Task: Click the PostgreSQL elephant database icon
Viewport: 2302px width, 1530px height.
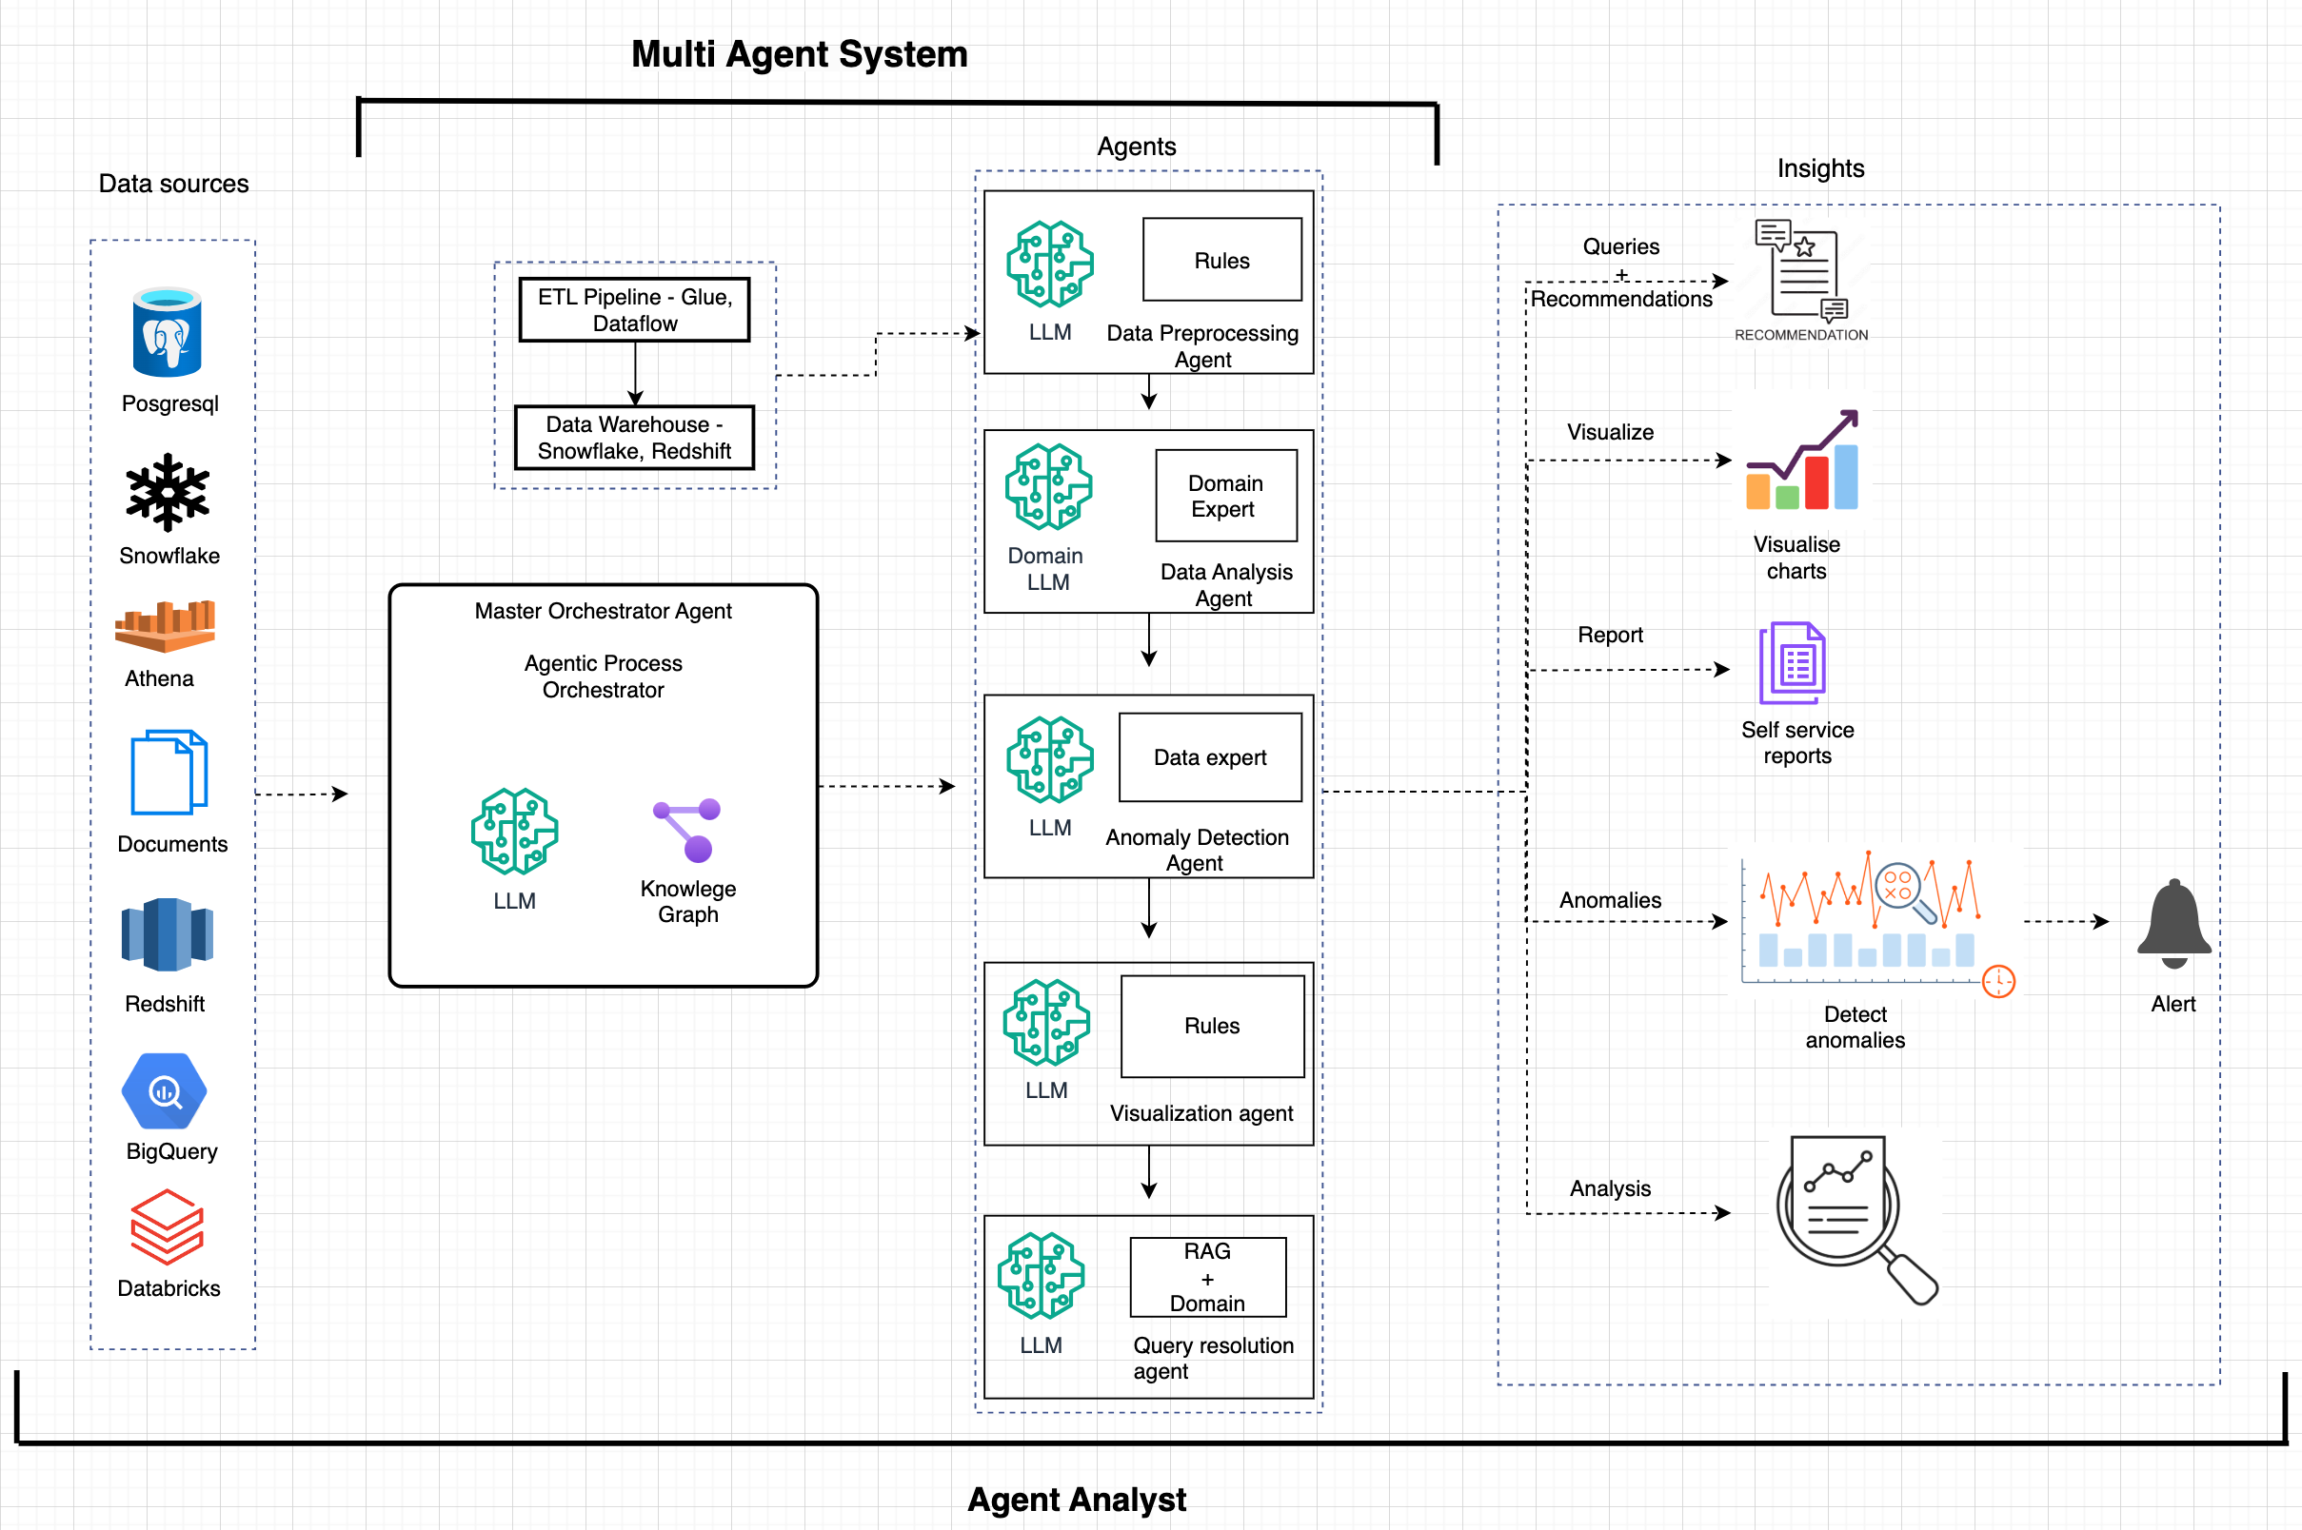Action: [167, 333]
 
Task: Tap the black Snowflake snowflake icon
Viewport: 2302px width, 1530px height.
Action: [167, 492]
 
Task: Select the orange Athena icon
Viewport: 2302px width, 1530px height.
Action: [164, 625]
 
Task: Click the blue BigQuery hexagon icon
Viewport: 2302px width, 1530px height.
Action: [164, 1091]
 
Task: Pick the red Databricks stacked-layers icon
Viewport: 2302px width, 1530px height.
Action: [167, 1226]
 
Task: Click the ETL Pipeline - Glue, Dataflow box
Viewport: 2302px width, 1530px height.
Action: [635, 310]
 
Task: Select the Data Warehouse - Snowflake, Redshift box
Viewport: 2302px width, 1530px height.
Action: [635, 437]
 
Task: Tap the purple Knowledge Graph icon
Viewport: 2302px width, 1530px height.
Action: [688, 830]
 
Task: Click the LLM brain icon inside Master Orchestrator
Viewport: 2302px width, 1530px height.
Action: [514, 831]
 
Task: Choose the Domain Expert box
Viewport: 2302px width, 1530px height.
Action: [1225, 496]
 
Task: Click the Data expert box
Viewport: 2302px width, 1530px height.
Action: [1210, 757]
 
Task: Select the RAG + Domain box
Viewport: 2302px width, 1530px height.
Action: [1207, 1276]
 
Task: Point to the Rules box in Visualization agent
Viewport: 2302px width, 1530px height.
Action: [1212, 1026]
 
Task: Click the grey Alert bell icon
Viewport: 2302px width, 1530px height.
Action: [2173, 923]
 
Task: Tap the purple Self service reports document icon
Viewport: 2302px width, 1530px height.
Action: [1793, 663]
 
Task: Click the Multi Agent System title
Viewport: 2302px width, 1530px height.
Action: [799, 53]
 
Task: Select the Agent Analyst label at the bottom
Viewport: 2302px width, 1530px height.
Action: [1076, 1499]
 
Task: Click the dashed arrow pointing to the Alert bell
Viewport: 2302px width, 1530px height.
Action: [2066, 921]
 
